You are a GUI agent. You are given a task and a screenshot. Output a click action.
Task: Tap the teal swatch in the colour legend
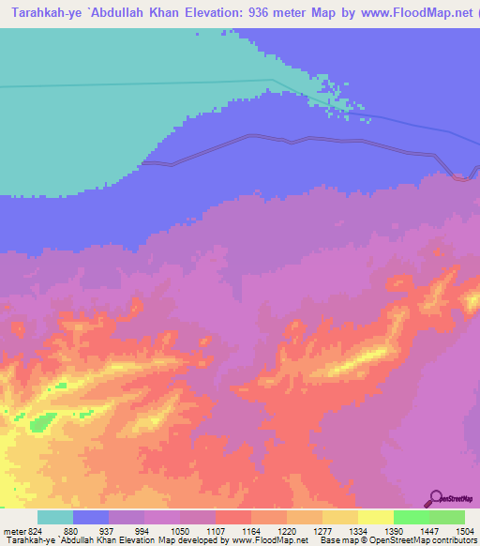[55, 518]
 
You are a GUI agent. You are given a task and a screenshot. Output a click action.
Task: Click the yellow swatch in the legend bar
[376, 518]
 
